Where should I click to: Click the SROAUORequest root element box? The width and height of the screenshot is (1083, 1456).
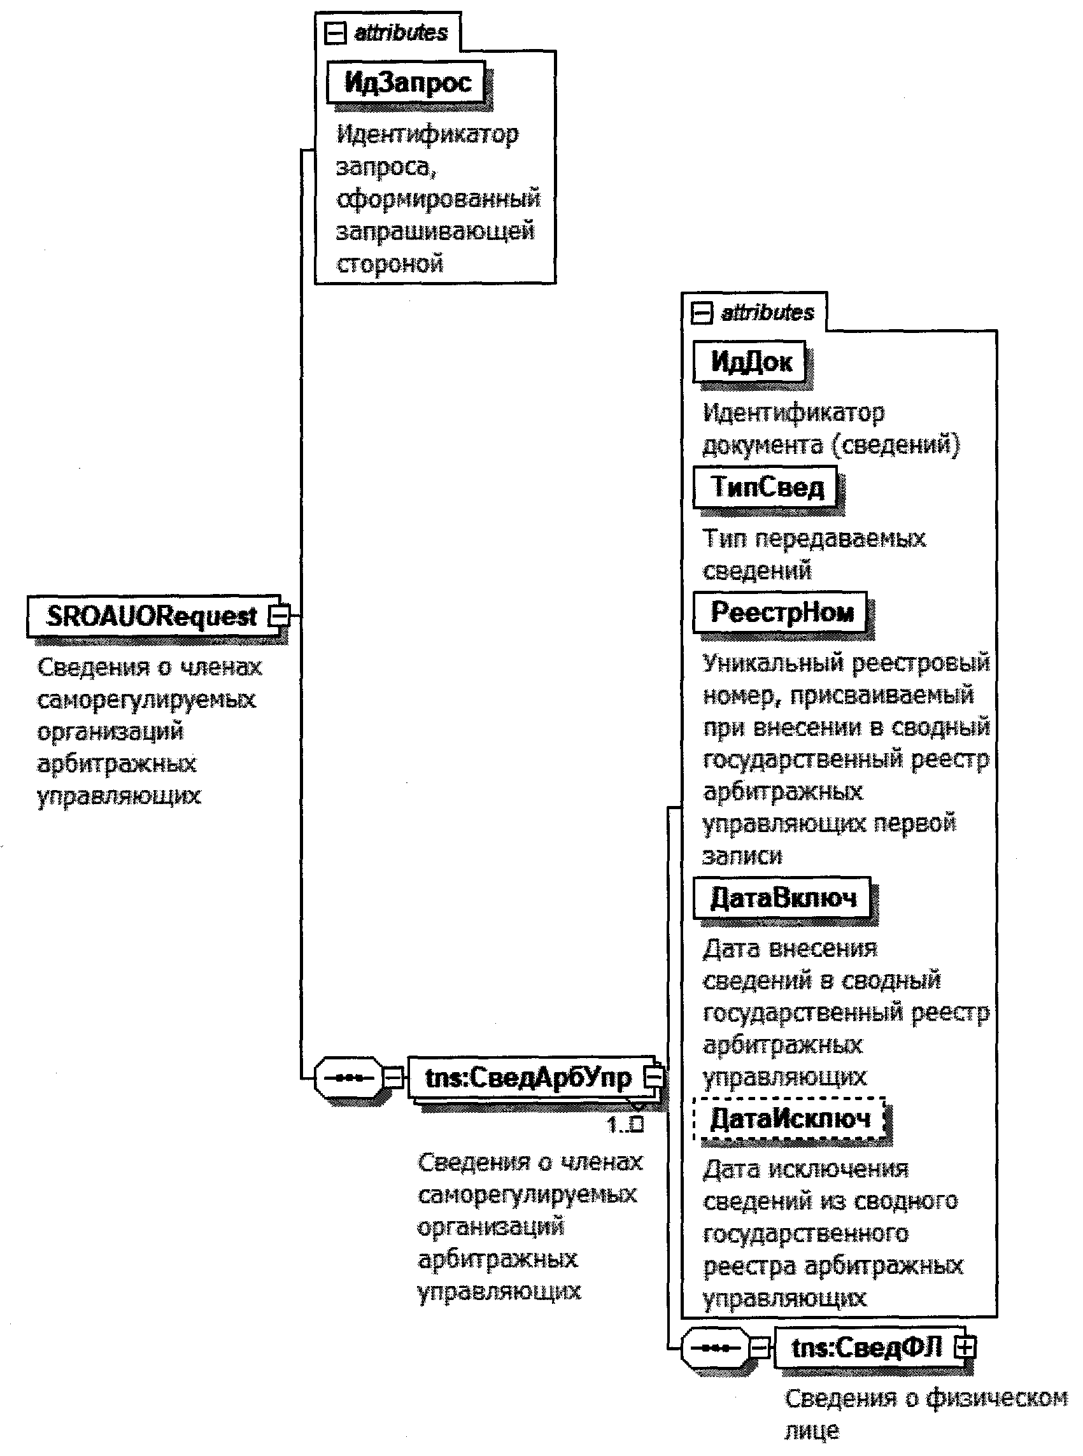point(151,616)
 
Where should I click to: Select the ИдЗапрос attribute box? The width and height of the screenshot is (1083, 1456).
point(406,83)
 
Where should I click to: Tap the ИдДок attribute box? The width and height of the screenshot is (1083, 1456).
point(750,361)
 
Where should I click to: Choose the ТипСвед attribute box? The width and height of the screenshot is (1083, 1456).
point(766,487)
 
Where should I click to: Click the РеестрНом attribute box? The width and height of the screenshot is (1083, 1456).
point(781,613)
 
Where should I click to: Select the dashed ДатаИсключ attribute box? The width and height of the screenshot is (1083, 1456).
point(790,1118)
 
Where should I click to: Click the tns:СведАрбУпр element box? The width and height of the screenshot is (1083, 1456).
point(527,1077)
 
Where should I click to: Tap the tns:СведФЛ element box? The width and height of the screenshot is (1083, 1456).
point(866,1348)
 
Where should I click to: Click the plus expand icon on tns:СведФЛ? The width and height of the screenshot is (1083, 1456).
point(965,1348)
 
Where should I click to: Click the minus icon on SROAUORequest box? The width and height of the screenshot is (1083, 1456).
point(281,616)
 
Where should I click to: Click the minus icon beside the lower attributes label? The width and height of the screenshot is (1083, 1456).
point(702,313)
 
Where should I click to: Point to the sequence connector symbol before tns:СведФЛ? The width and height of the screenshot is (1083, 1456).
point(715,1348)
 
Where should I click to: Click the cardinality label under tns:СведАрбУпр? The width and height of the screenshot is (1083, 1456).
point(625,1125)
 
